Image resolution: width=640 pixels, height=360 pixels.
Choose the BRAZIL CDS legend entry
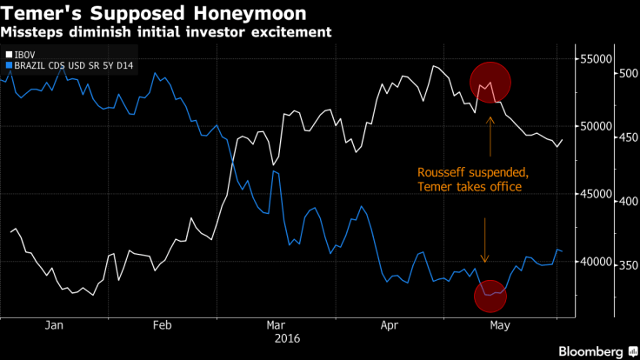(x=70, y=66)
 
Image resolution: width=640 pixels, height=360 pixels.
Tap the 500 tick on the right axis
(x=625, y=74)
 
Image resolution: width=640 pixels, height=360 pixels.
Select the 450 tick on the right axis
(x=625, y=137)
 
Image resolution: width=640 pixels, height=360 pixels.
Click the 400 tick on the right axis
(x=625, y=201)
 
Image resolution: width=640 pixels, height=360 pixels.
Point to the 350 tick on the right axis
(x=625, y=265)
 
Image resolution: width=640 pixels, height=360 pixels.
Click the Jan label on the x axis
(x=54, y=325)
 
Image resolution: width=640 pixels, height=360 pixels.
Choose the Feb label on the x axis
(x=163, y=325)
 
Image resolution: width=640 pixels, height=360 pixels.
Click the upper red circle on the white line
(x=490, y=82)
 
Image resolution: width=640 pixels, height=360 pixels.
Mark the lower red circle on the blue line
(x=491, y=296)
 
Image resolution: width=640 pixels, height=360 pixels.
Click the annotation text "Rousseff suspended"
(x=472, y=172)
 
